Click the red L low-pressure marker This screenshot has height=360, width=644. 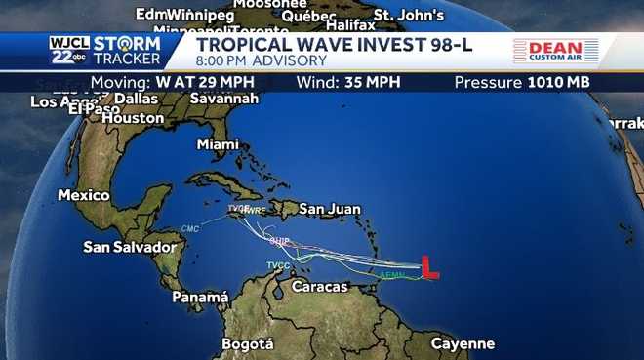click(428, 267)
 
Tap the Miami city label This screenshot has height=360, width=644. click(218, 144)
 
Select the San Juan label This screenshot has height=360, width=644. click(330, 209)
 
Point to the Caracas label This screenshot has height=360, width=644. click(319, 287)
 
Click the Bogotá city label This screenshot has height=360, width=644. click(248, 343)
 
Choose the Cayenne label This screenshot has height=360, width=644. click(463, 343)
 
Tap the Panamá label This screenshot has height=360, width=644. click(200, 297)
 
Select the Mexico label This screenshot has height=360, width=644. click(84, 195)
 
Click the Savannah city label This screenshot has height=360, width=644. click(224, 99)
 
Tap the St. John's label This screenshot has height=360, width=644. click(409, 16)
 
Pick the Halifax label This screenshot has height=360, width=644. click(350, 24)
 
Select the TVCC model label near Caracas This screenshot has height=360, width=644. click(278, 265)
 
